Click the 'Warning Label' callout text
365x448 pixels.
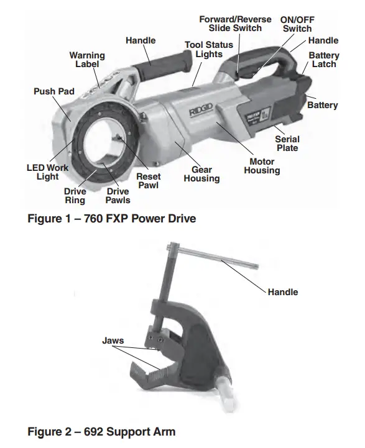click(x=86, y=60)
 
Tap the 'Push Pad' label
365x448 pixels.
click(x=54, y=91)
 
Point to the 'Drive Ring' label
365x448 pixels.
click(x=75, y=196)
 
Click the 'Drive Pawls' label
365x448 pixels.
click(x=118, y=196)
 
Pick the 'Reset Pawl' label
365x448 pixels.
click(x=149, y=181)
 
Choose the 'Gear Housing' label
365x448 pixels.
click(x=201, y=174)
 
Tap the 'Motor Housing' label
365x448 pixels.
click(x=261, y=166)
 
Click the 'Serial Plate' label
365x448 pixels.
click(x=287, y=144)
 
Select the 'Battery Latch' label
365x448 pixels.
click(x=324, y=60)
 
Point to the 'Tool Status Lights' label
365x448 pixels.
click(x=209, y=50)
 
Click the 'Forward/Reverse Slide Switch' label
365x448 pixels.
click(x=235, y=24)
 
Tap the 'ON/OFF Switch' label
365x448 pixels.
click(x=297, y=24)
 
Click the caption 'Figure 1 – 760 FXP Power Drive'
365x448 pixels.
click(x=112, y=219)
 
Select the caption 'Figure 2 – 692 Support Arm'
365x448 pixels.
click(x=102, y=431)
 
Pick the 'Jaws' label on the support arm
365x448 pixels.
click(x=113, y=341)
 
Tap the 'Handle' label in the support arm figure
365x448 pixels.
click(x=283, y=292)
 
